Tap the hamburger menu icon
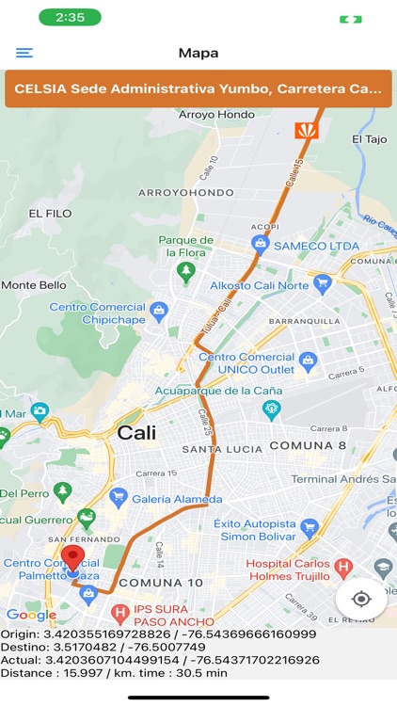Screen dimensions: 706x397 (24, 54)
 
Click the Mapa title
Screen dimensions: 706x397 (198, 54)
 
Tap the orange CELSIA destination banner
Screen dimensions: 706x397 (198, 89)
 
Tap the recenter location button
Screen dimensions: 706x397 (361, 599)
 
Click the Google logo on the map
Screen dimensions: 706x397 (31, 616)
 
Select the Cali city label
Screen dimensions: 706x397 (136, 433)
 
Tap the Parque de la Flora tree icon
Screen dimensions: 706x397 (186, 272)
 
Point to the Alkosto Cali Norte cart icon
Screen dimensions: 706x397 (323, 281)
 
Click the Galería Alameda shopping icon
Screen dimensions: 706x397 (119, 496)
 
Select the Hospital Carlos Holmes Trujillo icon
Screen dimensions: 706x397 (343, 569)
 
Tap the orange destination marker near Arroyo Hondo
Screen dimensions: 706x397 (307, 130)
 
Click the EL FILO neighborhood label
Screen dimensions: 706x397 (51, 214)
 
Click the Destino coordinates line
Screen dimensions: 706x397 (103, 647)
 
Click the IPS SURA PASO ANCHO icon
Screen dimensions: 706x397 (119, 615)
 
